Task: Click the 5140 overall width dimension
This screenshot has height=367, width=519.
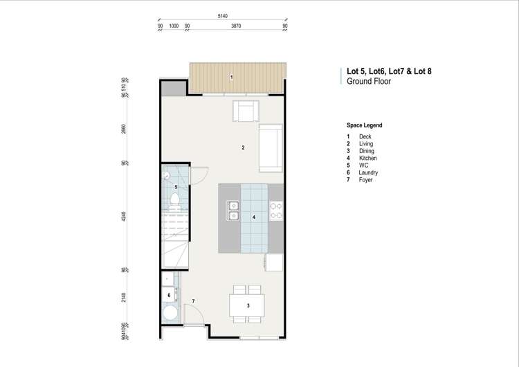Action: coord(223,15)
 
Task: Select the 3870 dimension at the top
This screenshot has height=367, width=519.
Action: coord(236,26)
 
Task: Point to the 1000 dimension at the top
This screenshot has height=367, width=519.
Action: coord(174,26)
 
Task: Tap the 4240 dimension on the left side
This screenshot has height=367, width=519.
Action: coord(123,215)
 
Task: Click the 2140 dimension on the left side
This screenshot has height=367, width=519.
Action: coord(123,297)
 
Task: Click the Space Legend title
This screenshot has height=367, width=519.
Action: coord(364,126)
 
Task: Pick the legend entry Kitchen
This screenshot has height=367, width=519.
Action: coord(367,159)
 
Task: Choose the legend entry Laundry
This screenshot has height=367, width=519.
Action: coord(369,173)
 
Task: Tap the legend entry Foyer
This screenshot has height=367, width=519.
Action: coord(365,180)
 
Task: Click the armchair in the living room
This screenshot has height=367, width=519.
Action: coord(246,111)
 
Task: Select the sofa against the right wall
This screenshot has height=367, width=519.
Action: coord(271,148)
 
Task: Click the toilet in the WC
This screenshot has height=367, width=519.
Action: coord(175,201)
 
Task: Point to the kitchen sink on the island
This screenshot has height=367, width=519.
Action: coord(233,211)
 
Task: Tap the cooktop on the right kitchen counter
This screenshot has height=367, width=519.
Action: coord(275,211)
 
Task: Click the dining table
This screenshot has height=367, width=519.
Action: coord(248,305)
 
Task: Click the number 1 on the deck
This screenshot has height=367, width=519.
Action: coord(232,76)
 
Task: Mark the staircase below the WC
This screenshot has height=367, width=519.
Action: coord(175,239)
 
